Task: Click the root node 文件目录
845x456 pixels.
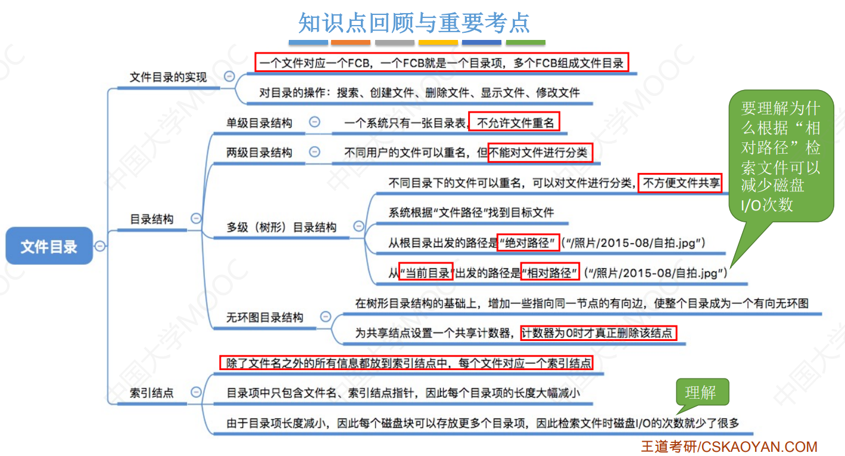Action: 49,246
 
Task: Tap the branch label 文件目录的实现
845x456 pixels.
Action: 169,77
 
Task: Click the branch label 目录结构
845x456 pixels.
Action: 152,219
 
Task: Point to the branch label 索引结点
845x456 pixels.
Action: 152,392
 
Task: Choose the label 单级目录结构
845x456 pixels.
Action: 259,123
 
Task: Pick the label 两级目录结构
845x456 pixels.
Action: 259,153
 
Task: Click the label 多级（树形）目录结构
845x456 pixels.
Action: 282,227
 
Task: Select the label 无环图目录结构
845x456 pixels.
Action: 265,318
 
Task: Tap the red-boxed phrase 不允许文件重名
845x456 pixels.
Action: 515,123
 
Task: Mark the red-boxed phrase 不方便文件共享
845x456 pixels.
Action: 680,183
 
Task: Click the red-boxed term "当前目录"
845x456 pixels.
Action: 426,273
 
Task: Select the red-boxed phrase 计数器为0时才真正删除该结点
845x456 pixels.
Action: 598,333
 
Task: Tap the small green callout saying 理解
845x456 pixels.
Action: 700,392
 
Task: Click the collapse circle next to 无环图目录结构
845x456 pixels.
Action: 325,317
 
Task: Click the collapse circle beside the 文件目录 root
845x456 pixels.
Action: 100,246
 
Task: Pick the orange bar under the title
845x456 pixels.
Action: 351,43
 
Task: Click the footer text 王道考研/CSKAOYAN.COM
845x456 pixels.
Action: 729,446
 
